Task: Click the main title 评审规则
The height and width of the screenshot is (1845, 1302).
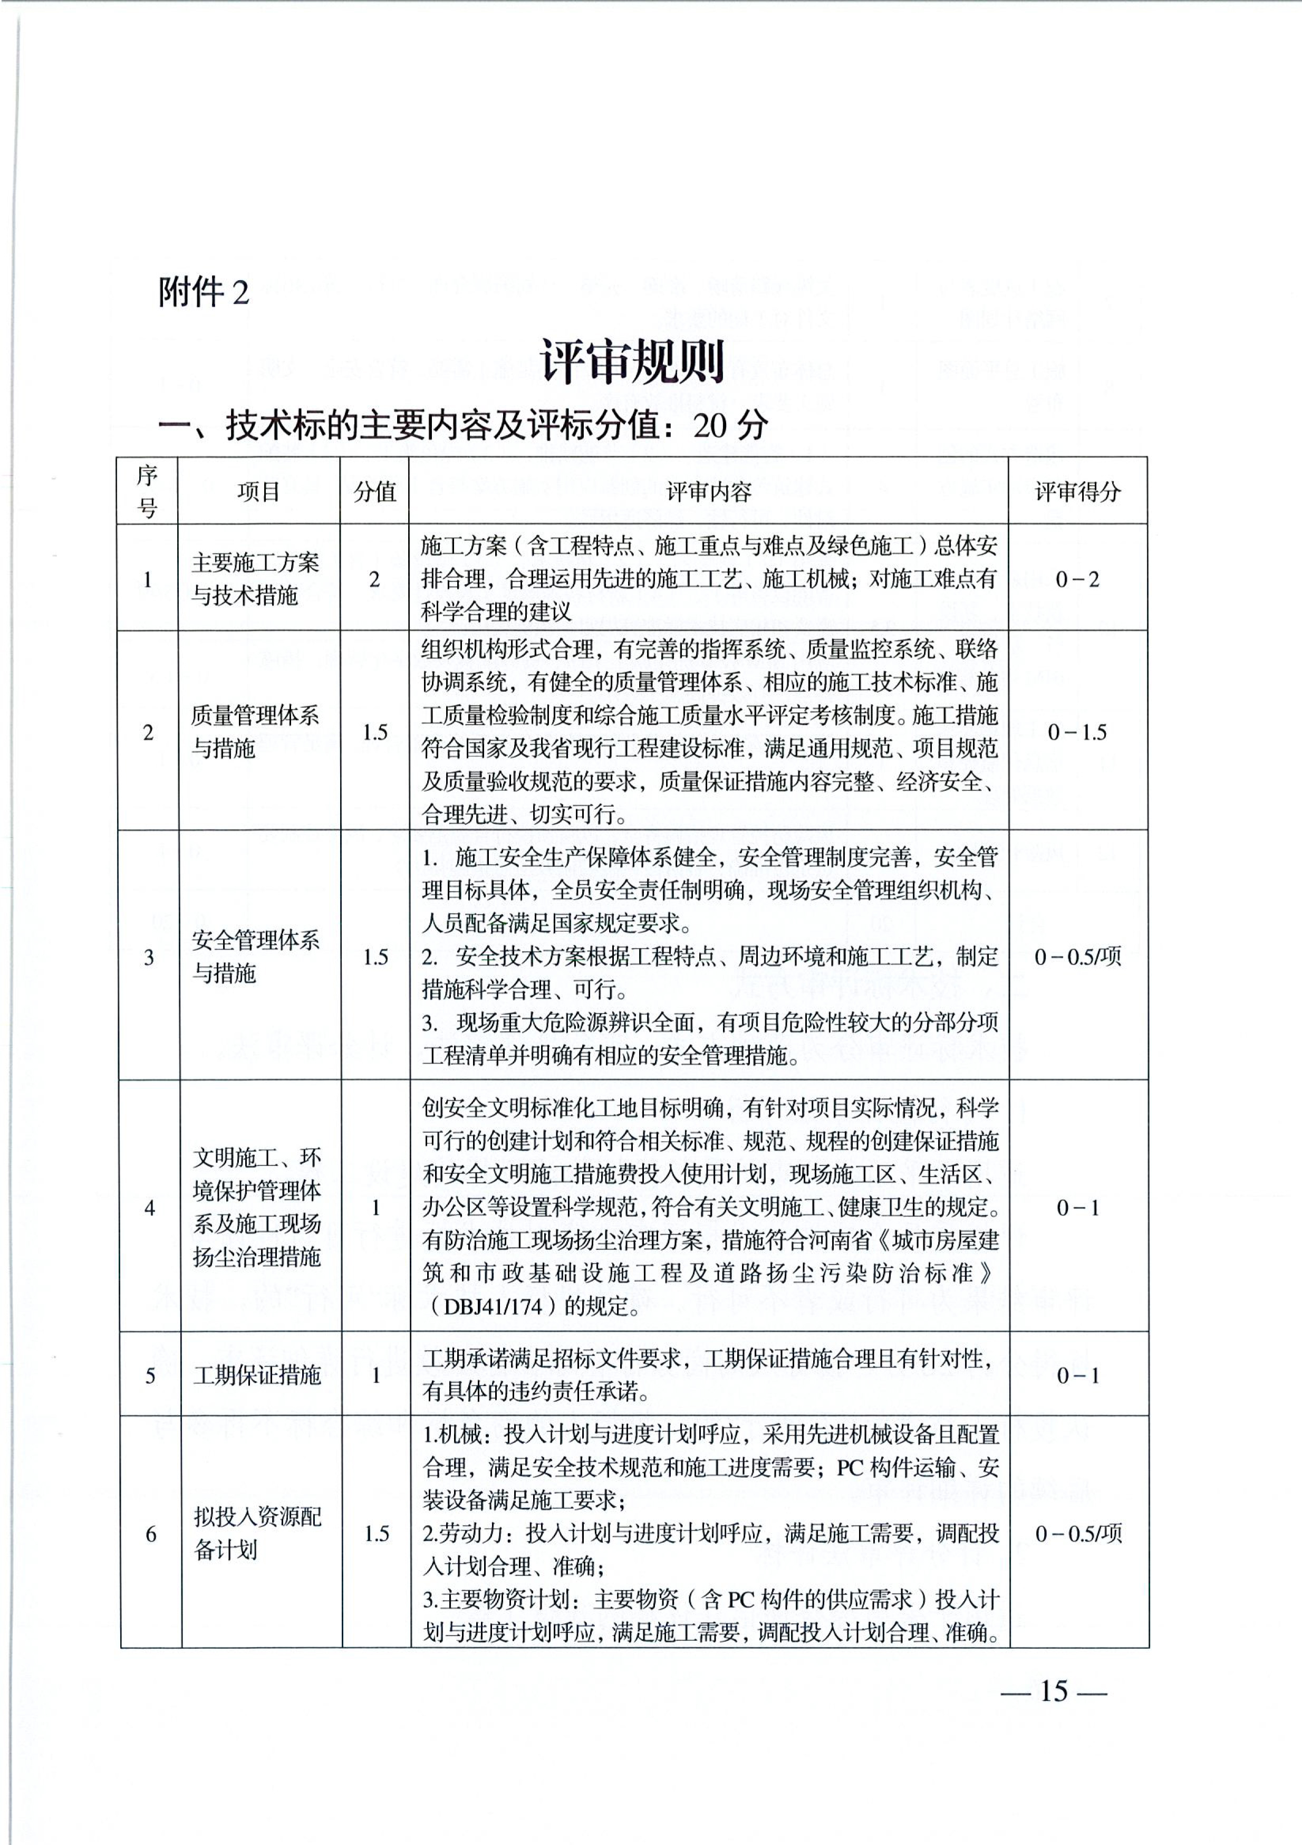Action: pos(633,361)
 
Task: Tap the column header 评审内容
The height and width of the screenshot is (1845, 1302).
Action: pos(708,492)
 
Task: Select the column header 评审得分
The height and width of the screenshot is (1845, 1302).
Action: pos(1077,492)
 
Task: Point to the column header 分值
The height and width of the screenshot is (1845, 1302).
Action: pos(374,492)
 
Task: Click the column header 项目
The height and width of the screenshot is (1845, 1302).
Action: pos(258,492)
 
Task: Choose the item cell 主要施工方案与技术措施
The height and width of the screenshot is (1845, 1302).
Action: pos(255,579)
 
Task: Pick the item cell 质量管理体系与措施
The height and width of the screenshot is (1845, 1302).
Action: pos(255,731)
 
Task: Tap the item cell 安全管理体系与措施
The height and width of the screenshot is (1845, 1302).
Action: pos(255,956)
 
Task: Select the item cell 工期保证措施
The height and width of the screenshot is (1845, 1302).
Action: pos(257,1375)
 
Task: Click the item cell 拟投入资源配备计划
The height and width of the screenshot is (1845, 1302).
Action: pos(257,1533)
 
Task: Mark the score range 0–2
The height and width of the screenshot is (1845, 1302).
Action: pos(1077,579)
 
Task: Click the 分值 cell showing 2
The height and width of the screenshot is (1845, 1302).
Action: pos(374,579)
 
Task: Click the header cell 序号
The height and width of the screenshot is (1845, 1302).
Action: pos(147,491)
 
